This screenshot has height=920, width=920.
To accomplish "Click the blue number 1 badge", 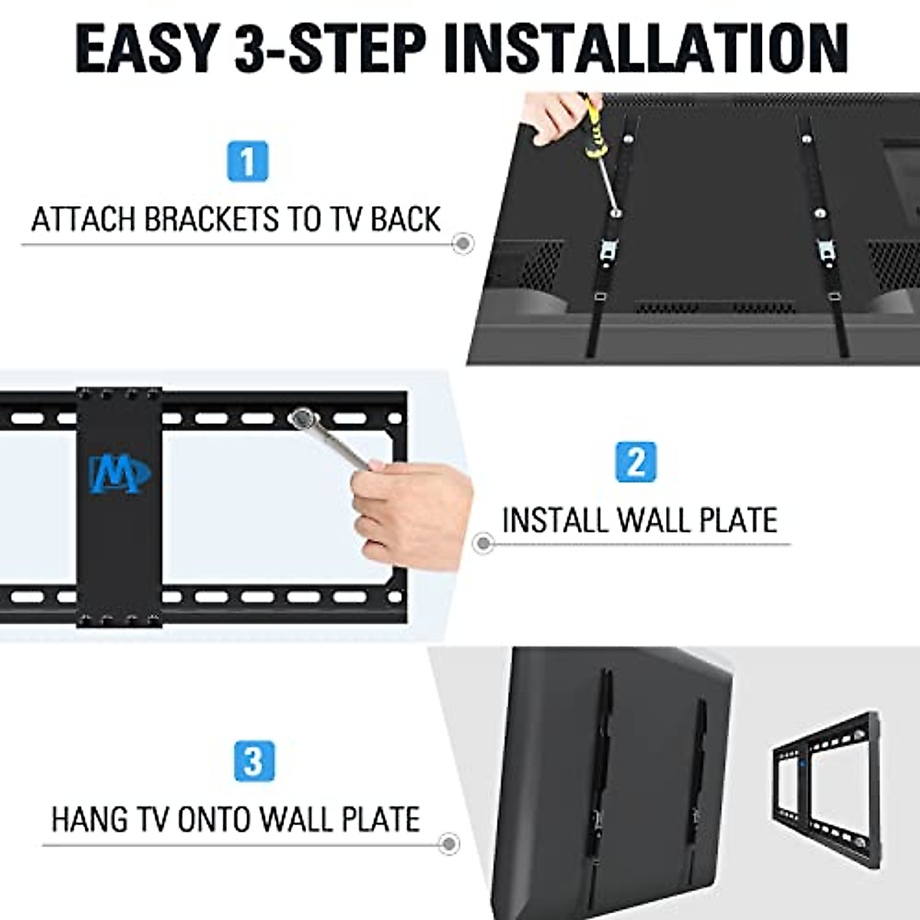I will tap(248, 161).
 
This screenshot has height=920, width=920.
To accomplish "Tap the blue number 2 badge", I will tap(636, 462).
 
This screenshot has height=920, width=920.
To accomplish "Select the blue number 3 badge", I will tap(253, 762).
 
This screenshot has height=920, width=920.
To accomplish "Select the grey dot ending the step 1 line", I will tap(462, 244).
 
